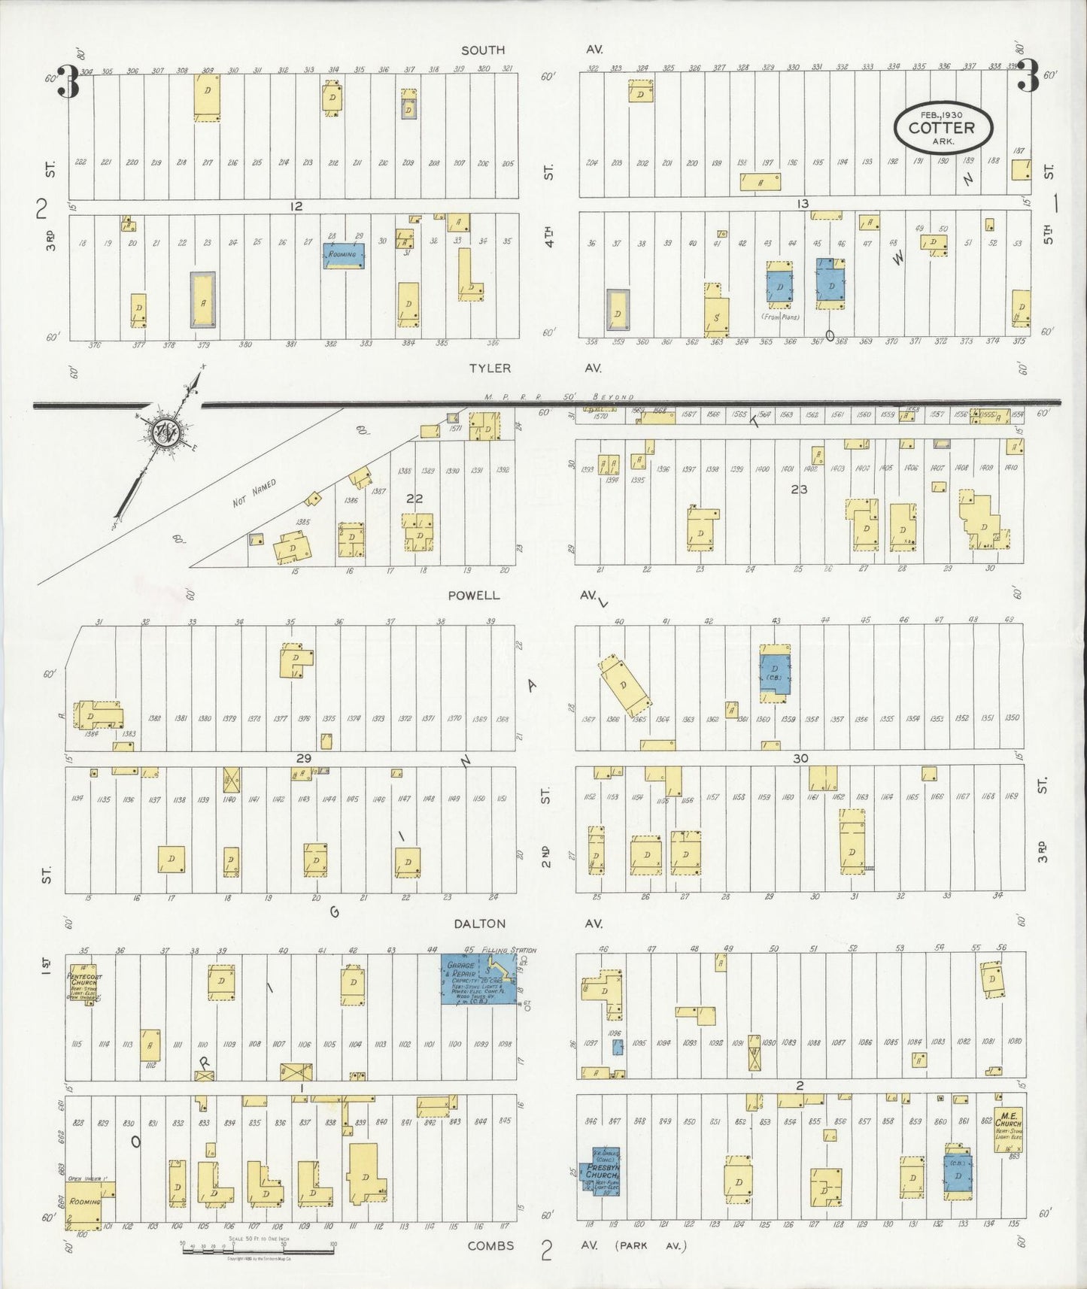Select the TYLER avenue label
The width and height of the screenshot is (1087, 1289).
pos(490,369)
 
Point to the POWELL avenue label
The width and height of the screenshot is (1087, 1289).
pos(473,596)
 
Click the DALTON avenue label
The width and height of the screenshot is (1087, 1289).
pos(479,924)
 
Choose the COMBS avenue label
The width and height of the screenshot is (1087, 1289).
pos(490,1246)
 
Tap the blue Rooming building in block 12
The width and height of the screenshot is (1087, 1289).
pos(345,255)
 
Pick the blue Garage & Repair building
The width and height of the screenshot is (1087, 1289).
pos(477,981)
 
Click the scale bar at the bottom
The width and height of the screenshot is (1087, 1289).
pos(258,1252)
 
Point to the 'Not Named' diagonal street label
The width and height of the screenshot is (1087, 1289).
pos(254,493)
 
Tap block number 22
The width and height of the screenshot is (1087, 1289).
pos(414,498)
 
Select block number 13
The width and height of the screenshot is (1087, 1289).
pos(803,204)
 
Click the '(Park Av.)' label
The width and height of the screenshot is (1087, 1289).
pos(651,1246)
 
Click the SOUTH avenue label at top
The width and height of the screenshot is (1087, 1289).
pos(483,50)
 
